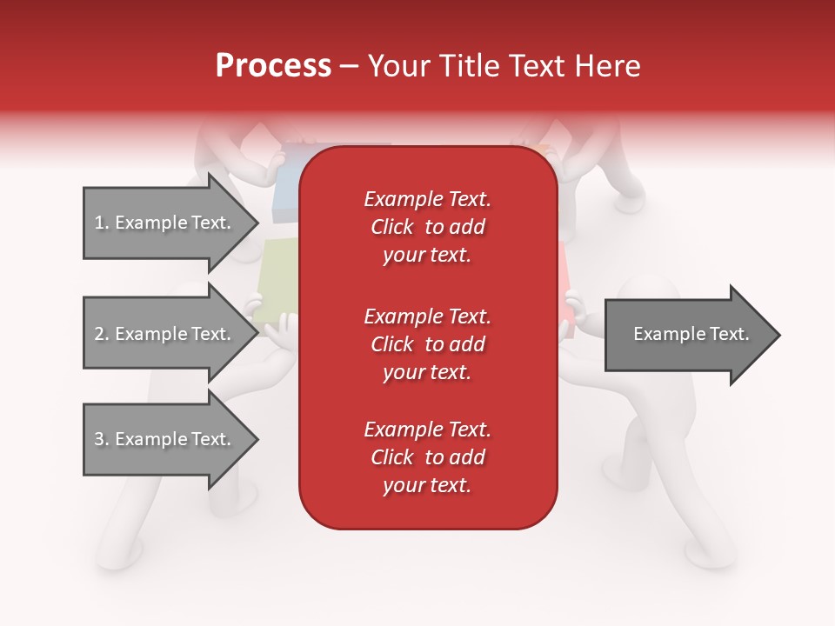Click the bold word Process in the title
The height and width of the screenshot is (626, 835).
273,66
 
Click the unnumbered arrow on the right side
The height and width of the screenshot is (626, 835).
687,335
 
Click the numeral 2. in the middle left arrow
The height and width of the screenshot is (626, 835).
101,334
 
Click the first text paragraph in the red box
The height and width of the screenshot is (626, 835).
427,227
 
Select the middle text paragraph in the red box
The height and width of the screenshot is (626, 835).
427,343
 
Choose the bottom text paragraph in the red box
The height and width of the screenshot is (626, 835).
427,457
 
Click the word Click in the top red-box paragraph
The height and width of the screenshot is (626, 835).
392,227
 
